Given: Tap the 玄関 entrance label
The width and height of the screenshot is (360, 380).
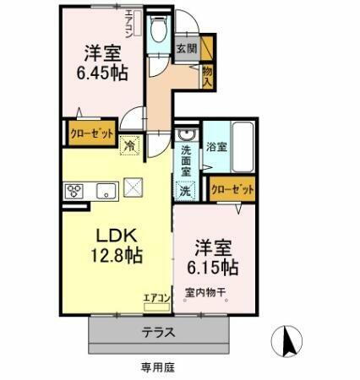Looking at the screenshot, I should pos(187,49).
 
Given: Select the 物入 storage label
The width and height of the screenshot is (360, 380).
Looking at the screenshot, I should pos(206,76).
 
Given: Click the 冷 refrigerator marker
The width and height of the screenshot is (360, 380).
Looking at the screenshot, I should pos(129,145).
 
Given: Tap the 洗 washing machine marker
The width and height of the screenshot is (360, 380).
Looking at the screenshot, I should pos(186,192).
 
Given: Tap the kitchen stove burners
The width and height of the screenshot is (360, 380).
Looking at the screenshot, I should pos(74,189).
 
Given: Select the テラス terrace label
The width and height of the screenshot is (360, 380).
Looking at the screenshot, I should pos(159,332).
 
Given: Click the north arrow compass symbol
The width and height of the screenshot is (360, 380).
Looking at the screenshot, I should pos(286,340).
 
